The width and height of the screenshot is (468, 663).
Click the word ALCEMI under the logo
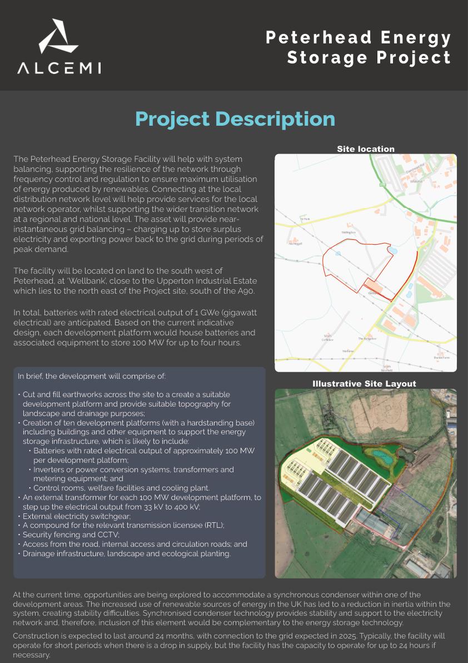click(x=59, y=68)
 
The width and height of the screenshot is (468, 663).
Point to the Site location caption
click(x=366, y=149)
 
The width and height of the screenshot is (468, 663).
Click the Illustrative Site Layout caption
click(x=364, y=384)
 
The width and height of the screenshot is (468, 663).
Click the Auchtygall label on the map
click(x=295, y=243)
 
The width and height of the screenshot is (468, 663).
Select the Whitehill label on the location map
click(x=416, y=181)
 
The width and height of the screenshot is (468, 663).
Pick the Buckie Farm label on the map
click(x=441, y=358)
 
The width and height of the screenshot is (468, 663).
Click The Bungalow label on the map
click(x=367, y=338)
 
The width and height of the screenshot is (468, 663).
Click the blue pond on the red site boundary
click(x=394, y=252)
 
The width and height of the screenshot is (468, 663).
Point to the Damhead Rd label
click(x=414, y=165)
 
